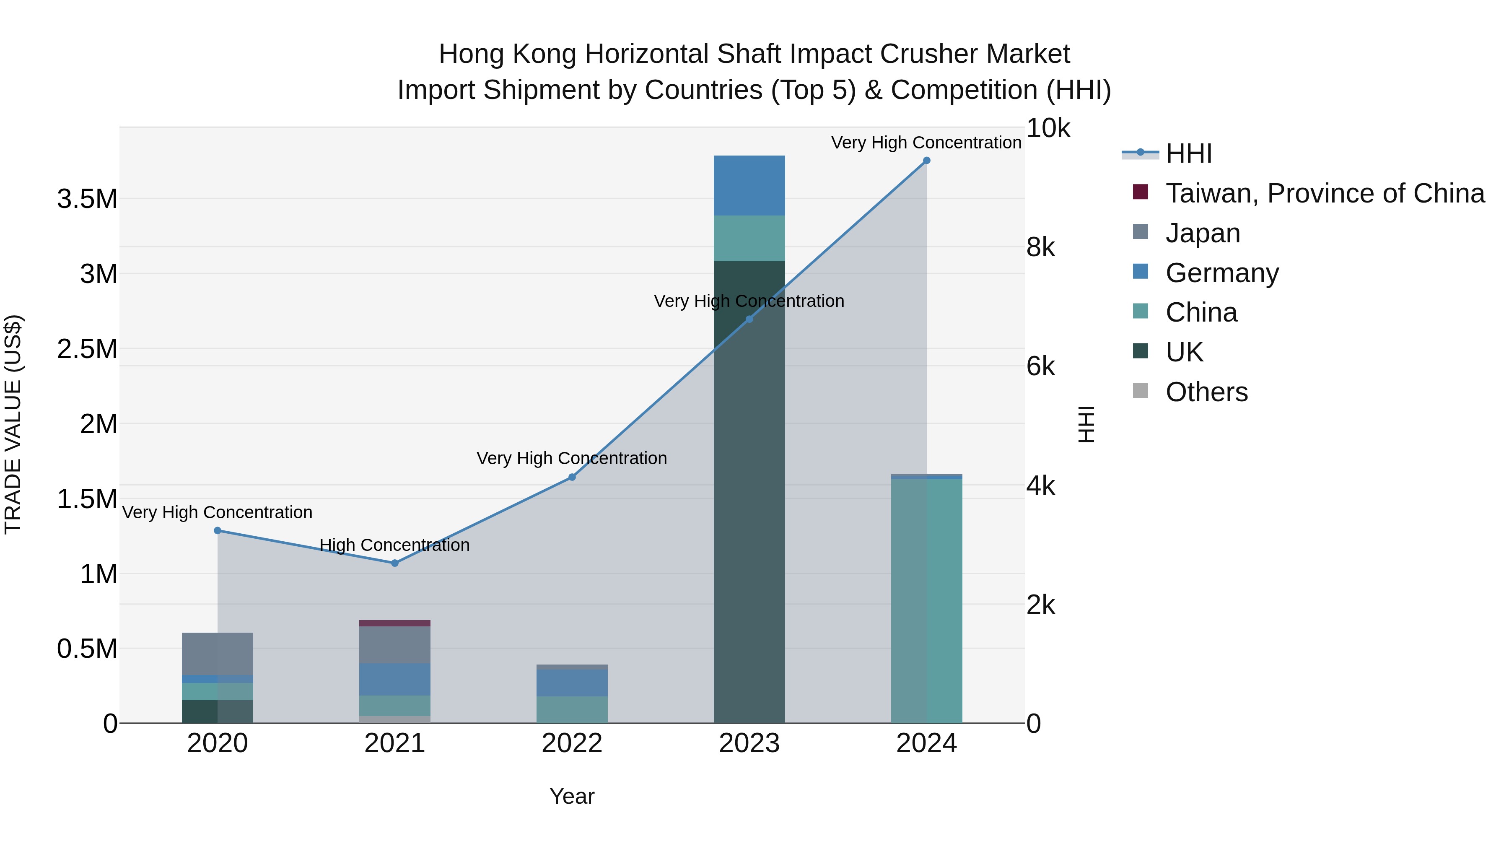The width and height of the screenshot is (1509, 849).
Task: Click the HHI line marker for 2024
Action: tap(926, 161)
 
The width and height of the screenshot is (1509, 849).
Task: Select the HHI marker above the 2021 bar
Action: tap(394, 563)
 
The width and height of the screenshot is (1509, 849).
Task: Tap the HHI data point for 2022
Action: tap(572, 478)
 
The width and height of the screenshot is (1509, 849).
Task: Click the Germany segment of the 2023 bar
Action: tap(749, 186)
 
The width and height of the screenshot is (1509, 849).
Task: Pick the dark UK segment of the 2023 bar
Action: tap(749, 492)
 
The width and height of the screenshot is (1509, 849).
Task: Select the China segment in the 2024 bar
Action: tap(926, 600)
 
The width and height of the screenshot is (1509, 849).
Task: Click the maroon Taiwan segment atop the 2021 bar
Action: tap(394, 623)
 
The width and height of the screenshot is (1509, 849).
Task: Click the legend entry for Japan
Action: tap(1202, 233)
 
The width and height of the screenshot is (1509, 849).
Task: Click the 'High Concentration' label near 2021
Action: tap(394, 545)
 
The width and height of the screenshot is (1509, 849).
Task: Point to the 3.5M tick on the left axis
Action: tap(87, 199)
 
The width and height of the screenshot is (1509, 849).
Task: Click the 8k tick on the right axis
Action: tap(1040, 247)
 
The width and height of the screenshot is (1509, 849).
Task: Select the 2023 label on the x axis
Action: tap(749, 743)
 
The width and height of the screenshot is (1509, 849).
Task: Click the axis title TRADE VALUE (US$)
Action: tap(13, 424)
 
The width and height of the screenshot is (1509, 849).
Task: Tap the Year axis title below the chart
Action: tap(572, 796)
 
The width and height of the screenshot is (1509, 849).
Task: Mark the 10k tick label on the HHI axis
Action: tap(1047, 128)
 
